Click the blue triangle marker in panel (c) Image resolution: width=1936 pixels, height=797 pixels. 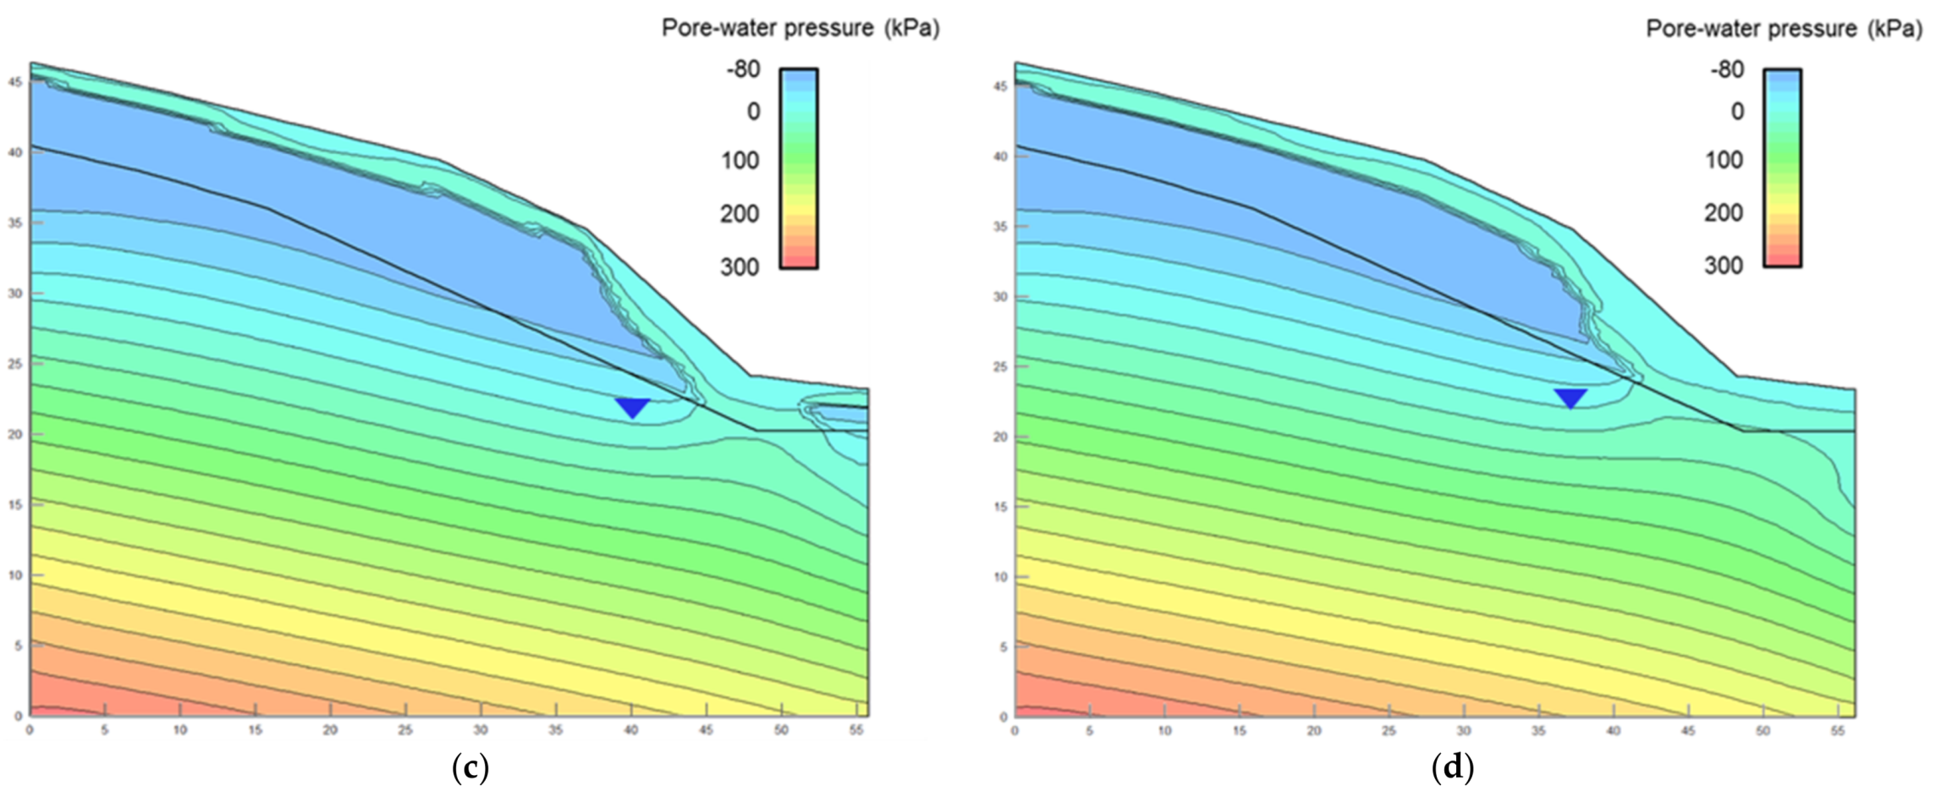[633, 407]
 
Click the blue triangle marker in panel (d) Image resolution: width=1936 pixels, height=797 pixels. [1570, 398]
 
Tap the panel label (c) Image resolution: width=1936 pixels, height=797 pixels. [470, 768]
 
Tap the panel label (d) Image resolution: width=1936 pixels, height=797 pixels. [1453, 768]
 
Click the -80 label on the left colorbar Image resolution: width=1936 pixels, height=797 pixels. [743, 69]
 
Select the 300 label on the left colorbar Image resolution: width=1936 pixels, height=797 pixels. [740, 267]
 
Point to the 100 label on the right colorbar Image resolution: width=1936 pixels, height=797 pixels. [1724, 160]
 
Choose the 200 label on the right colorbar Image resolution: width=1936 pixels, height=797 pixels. [1724, 212]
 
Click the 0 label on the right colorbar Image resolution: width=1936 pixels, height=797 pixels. [1737, 112]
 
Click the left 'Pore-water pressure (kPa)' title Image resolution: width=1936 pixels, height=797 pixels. [800, 28]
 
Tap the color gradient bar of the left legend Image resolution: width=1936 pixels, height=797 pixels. [798, 168]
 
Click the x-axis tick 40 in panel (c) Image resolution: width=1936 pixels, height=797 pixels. [630, 730]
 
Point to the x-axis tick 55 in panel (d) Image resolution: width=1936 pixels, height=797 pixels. [1837, 730]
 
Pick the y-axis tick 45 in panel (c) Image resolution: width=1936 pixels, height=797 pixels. [14, 82]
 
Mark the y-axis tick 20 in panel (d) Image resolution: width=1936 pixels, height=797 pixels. [1000, 437]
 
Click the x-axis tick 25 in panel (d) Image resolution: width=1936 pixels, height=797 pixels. [1389, 730]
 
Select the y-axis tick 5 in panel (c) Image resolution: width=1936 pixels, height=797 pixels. [16, 646]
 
